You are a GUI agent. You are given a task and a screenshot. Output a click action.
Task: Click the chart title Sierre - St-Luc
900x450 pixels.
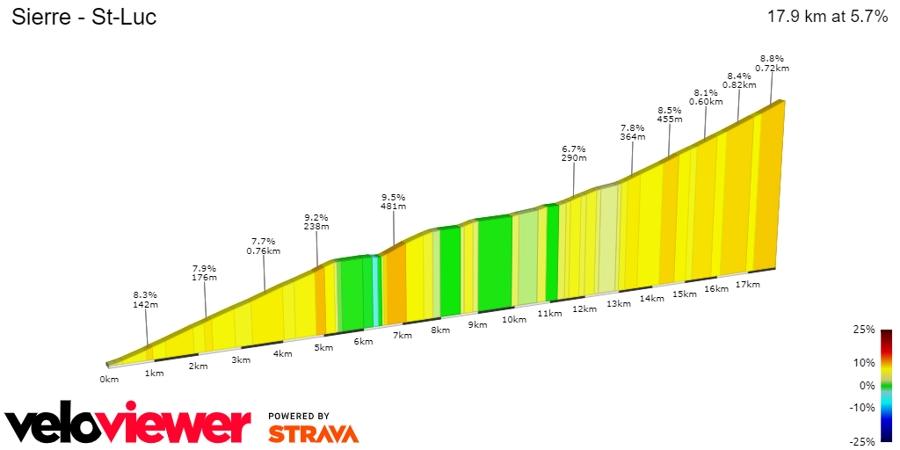click(x=83, y=18)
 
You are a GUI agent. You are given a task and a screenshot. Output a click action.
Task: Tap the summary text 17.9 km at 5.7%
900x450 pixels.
click(x=827, y=17)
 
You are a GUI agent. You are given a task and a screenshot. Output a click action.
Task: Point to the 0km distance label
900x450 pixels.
click(x=109, y=380)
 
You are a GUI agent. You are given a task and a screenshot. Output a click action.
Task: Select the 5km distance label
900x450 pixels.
click(x=324, y=347)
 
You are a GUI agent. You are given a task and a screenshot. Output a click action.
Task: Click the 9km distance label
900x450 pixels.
click(x=477, y=325)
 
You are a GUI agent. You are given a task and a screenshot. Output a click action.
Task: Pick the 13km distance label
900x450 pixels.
click(x=619, y=304)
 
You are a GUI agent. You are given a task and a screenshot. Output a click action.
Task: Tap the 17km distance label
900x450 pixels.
click(x=747, y=285)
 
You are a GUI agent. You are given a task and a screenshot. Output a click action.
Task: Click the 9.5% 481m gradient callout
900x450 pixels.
click(x=392, y=202)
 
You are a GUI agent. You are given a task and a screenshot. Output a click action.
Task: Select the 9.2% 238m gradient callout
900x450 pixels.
click(x=316, y=221)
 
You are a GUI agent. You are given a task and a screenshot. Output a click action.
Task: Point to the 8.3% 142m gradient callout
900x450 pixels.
click(x=145, y=300)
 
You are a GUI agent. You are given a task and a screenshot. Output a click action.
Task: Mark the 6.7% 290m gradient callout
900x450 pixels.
click(x=574, y=153)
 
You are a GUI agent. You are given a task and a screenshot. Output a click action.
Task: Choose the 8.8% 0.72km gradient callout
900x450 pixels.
click(x=773, y=62)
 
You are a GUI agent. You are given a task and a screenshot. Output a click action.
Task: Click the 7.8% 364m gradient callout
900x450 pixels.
click(x=632, y=132)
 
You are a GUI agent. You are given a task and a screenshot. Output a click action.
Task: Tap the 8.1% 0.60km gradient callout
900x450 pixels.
click(x=705, y=97)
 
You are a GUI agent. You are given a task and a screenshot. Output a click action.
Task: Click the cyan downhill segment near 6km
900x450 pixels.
click(x=377, y=290)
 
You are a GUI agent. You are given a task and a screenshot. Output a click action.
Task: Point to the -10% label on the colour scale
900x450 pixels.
click(x=863, y=407)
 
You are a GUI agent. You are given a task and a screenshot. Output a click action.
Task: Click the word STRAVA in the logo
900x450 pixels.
click(x=313, y=433)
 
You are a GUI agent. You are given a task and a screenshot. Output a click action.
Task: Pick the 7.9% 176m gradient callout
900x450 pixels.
click(x=204, y=272)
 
